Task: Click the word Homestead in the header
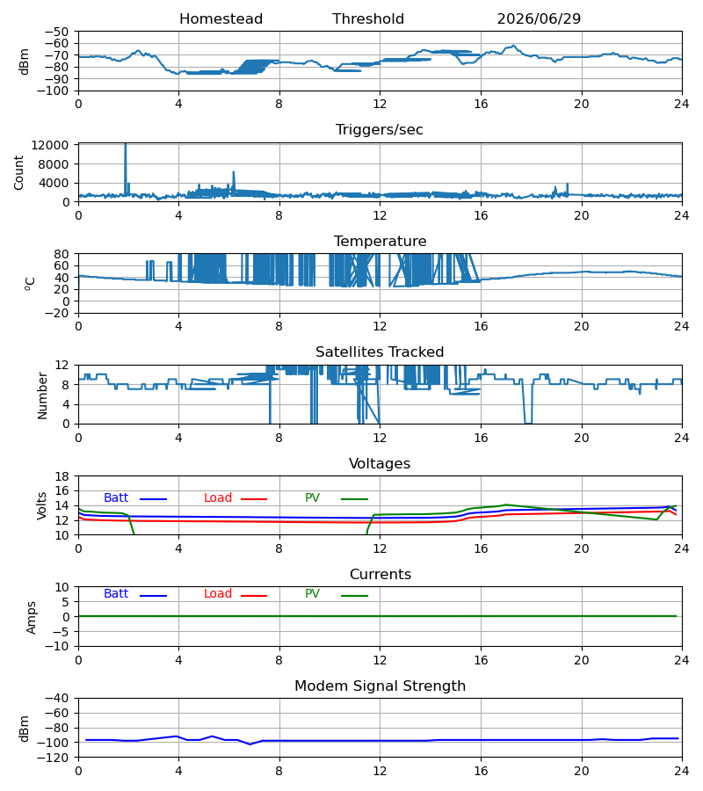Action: coord(221,19)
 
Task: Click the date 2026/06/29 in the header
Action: coord(539,19)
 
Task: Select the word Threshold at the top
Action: coord(368,19)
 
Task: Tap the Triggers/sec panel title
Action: coord(380,130)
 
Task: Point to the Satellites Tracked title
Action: coord(380,352)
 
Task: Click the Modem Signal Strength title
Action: coord(380,686)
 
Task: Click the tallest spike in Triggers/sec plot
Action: coord(126,145)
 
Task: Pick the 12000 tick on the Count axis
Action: coord(50,145)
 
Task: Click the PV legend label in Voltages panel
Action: coord(312,498)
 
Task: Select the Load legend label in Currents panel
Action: coord(218,594)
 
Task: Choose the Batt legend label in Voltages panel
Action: coord(116,498)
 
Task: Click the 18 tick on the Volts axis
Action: coord(62,476)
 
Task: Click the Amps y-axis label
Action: coord(32,618)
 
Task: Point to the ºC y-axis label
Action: coord(30,284)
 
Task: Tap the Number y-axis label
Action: coord(42,396)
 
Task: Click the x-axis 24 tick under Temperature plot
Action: coord(682,326)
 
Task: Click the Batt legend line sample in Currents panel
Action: coord(153,596)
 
